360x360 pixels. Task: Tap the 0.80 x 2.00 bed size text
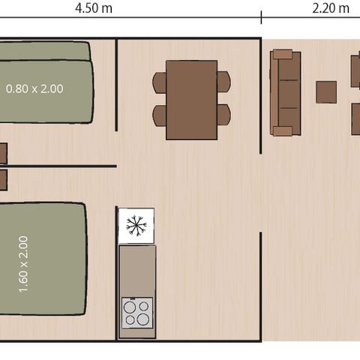point(34,88)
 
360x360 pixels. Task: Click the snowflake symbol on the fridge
point(136,226)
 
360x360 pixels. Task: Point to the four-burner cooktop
point(137,312)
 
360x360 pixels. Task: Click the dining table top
point(191,100)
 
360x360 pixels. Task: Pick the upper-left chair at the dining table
point(159,82)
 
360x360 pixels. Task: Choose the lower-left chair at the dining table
point(159,115)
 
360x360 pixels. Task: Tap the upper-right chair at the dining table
point(223,82)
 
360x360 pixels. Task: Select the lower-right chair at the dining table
point(223,115)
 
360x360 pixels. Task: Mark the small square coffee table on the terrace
point(326,92)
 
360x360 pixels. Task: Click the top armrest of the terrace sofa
point(283,54)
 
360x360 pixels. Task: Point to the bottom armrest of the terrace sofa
point(283,131)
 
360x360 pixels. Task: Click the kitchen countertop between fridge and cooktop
point(137,270)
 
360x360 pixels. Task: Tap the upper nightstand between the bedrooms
point(2,153)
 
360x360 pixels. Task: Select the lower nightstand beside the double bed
point(2,180)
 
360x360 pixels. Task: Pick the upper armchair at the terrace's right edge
point(355,71)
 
